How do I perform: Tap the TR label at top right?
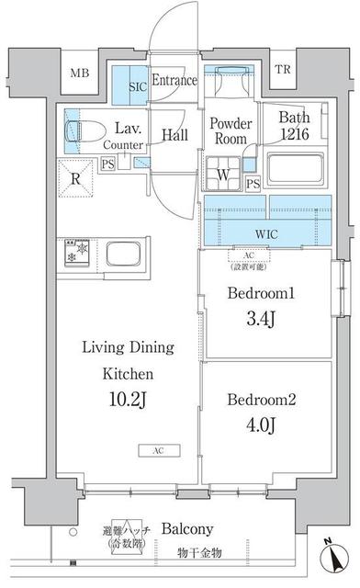point(281,70)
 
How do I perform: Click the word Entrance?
point(174,81)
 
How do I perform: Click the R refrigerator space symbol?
point(75,179)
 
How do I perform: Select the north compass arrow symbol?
point(332,558)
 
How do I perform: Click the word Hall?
point(174,135)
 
